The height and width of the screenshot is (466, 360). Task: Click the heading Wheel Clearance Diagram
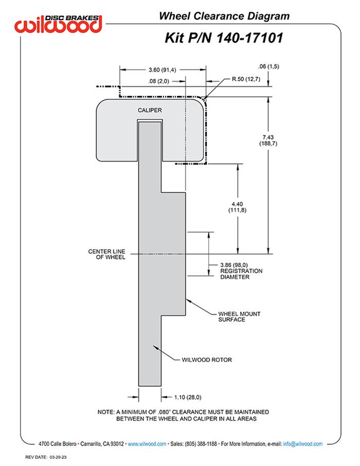coord(224,16)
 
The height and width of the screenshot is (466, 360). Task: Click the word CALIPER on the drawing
coord(150,111)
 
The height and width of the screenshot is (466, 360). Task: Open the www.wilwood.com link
coord(147,443)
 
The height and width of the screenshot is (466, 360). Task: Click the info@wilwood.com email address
coord(302,443)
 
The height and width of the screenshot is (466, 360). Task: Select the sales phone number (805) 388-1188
coord(201,443)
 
